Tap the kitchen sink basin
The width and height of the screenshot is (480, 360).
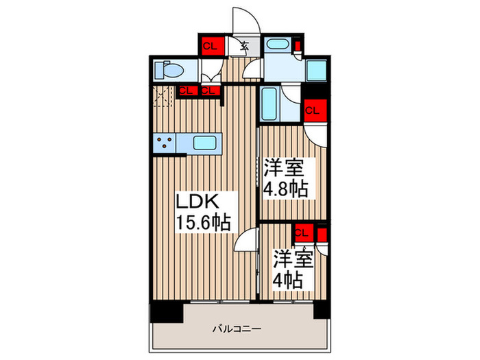[206, 143]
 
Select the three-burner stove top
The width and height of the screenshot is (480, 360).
[165, 143]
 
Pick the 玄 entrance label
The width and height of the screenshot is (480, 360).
[244, 47]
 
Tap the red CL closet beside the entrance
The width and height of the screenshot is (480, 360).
[210, 46]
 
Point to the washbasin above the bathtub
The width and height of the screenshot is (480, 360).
[278, 47]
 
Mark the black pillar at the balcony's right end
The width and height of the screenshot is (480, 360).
[321, 309]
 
